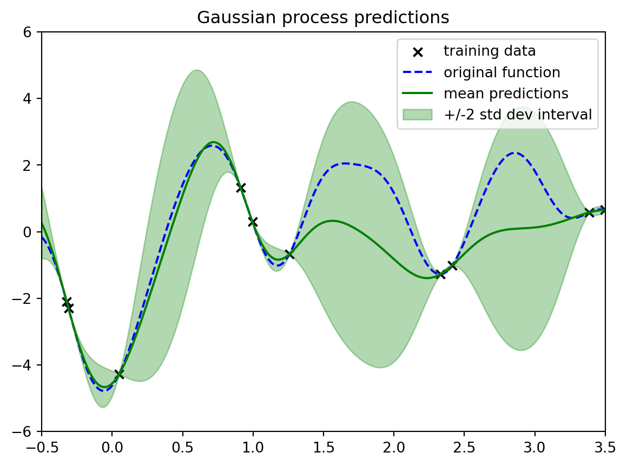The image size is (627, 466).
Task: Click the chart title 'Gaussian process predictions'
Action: point(323,18)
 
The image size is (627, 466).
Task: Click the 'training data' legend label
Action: point(490,51)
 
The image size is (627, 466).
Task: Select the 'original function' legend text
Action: point(502,72)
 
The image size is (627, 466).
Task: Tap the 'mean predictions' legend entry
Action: point(506,94)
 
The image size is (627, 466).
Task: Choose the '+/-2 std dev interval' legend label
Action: point(518,115)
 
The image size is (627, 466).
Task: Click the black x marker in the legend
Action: point(418,52)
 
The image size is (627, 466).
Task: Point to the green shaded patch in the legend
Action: point(418,115)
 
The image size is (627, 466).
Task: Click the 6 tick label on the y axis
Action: point(27,32)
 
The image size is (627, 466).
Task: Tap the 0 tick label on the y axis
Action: point(27,232)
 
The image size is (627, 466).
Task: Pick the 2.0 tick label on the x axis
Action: point(394,448)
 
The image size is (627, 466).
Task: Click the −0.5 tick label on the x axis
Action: point(41,448)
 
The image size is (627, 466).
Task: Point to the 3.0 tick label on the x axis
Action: point(534,448)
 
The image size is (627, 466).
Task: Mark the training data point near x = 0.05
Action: point(119,374)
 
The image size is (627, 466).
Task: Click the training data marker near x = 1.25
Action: point(289,254)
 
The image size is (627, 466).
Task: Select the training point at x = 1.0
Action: point(252,222)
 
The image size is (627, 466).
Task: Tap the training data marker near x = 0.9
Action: point(240,188)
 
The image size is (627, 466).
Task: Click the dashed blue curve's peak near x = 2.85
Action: point(514,152)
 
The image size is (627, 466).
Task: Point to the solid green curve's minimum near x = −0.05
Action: point(104,387)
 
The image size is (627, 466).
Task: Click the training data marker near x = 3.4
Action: point(589,212)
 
